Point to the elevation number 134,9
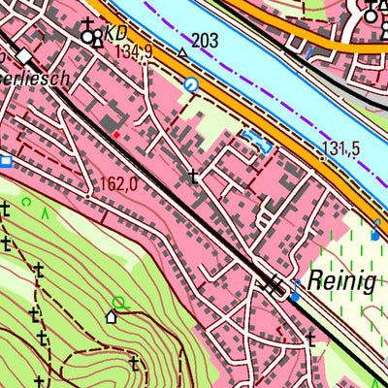click(x=133, y=50)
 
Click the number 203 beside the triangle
click(x=205, y=40)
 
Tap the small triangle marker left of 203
click(x=181, y=50)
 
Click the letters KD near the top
click(x=115, y=31)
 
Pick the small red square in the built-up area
click(x=115, y=135)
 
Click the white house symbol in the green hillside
click(x=112, y=316)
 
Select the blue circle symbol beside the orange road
click(x=190, y=85)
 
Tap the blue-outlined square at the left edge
click(x=5, y=161)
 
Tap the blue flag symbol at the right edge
click(x=375, y=230)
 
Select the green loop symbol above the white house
click(x=118, y=303)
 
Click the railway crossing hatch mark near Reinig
click(x=275, y=284)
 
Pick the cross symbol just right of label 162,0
click(x=193, y=177)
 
